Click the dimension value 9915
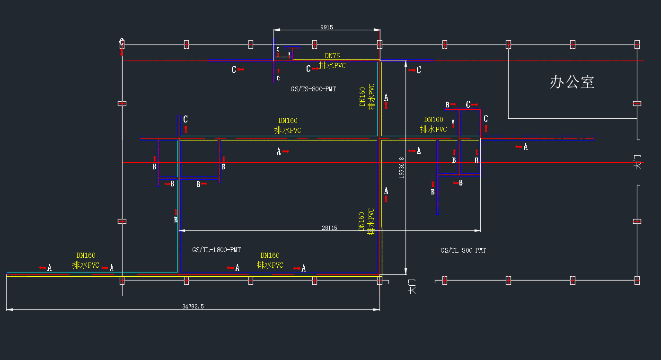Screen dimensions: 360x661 tap(326, 27)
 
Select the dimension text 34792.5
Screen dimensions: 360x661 tap(193, 307)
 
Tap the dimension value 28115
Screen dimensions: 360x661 tap(329, 228)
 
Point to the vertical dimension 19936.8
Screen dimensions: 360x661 tap(402, 167)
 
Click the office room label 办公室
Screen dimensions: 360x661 tap(572, 82)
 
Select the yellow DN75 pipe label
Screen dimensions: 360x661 tap(332, 56)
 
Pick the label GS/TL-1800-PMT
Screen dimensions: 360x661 tap(217, 250)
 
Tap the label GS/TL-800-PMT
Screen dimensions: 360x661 tap(463, 250)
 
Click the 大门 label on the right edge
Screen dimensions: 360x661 tap(638, 162)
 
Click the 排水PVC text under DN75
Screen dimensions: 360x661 tap(332, 65)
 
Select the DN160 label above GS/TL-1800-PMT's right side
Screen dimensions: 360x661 tap(270, 255)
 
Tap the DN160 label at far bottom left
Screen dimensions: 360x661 tap(86, 255)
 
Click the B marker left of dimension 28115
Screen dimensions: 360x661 tap(176, 220)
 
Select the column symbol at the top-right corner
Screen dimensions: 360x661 tap(637, 44)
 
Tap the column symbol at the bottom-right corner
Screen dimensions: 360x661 tap(637, 280)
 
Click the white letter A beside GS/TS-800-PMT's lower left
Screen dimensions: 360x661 tap(279, 151)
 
